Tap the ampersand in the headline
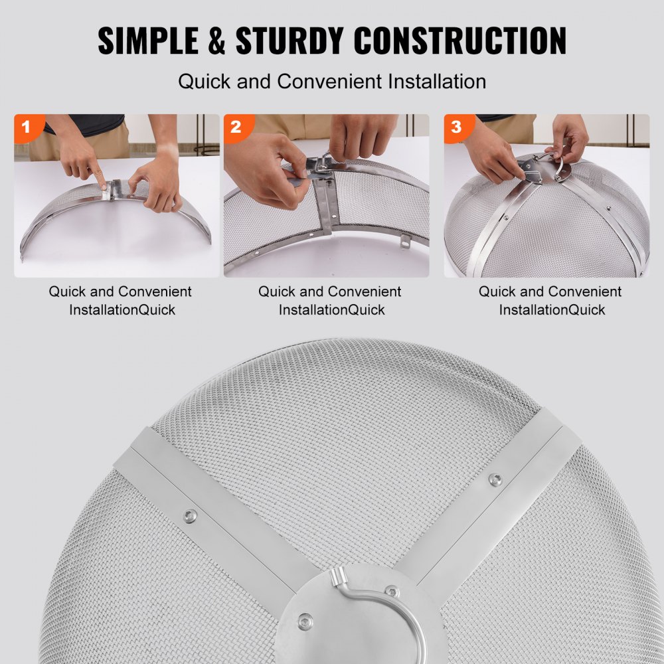218,41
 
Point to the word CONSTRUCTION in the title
459,41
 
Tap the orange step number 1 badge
27,127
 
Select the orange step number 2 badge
236,127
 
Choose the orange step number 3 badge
456,127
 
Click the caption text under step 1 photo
120,300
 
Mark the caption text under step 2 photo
330,300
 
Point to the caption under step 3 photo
550,300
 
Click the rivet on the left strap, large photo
190,515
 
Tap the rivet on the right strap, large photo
495,479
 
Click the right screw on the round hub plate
391,590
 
